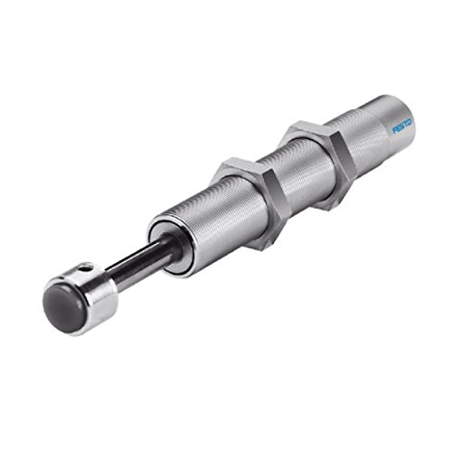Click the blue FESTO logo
point(402,126)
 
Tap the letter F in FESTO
point(394,131)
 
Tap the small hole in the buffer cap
point(88,267)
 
